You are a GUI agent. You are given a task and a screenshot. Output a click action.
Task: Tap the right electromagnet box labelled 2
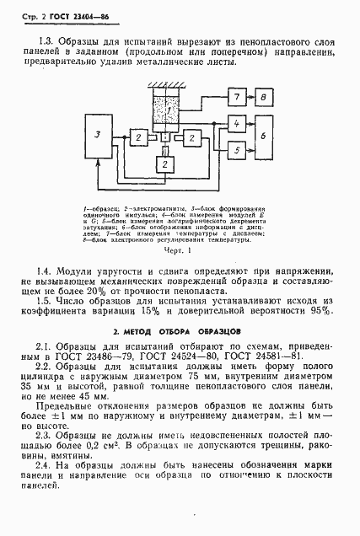tap(193, 137)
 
